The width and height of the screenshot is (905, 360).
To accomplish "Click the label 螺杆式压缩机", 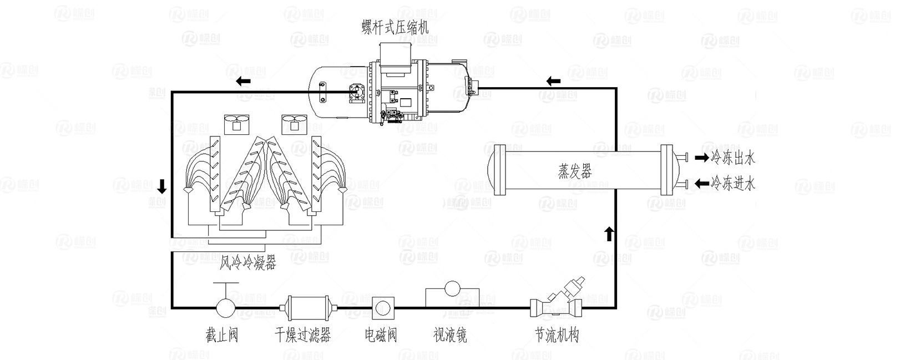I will (x=395, y=26).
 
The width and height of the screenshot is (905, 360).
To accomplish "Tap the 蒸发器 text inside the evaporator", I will (x=574, y=171).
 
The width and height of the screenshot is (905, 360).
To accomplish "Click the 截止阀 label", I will (x=222, y=335).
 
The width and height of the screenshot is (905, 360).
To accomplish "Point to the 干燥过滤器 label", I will (x=303, y=335).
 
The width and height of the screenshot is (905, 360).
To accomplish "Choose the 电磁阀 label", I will (x=381, y=335).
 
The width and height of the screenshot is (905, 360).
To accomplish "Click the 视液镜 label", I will (x=450, y=335).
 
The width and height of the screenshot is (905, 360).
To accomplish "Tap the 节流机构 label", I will (x=557, y=335).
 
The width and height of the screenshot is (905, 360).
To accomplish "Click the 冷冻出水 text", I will (x=733, y=158).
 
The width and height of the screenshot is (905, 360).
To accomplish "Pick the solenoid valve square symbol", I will (x=383, y=307).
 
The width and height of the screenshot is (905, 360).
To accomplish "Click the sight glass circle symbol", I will (x=453, y=289).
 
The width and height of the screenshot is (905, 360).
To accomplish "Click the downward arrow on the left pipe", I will (x=161, y=186).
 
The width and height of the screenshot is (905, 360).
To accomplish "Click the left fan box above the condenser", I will (x=237, y=124).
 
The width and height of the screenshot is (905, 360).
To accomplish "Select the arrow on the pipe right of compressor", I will (x=553, y=82).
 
